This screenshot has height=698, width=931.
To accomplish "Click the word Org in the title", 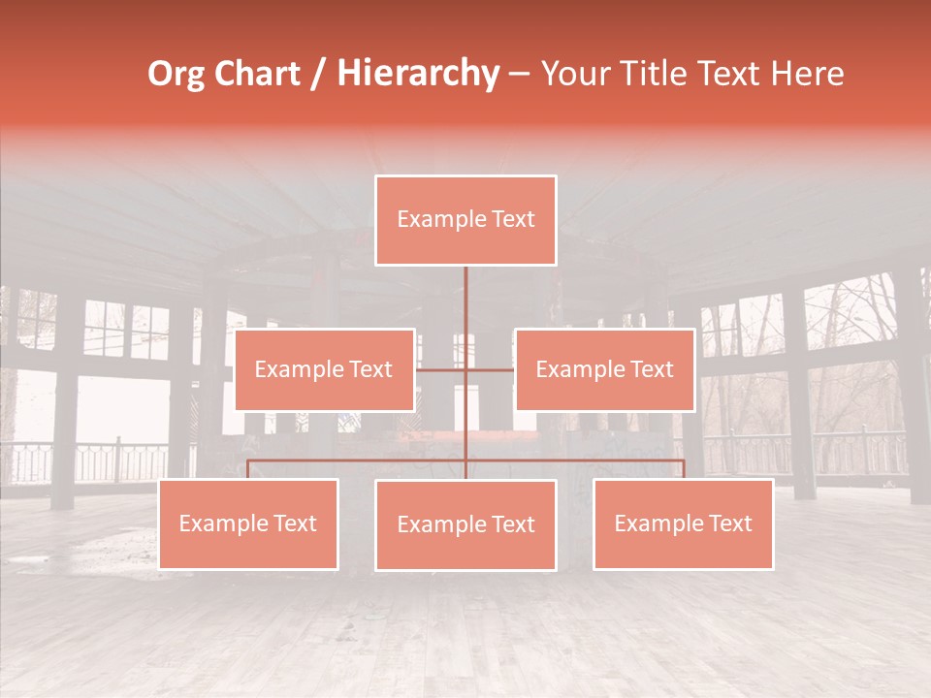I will pyautogui.click(x=176, y=74).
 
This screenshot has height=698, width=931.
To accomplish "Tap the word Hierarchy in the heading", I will pyautogui.click(x=418, y=74).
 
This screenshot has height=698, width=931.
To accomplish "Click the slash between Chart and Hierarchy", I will pyautogui.click(x=318, y=75).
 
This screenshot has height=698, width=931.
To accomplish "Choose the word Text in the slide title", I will pyautogui.click(x=734, y=74).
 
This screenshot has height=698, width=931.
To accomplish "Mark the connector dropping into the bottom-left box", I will pyautogui.click(x=248, y=469).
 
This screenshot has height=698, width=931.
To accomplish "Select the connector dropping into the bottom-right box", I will pyautogui.click(x=684, y=469).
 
